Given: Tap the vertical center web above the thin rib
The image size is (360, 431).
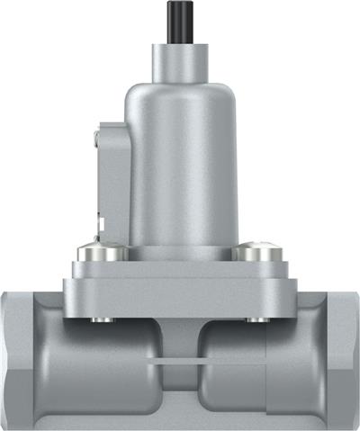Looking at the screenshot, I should [x=179, y=337].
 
